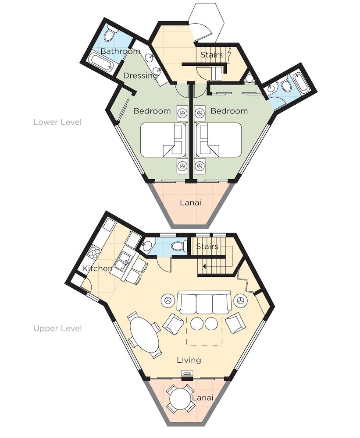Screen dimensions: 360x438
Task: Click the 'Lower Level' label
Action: click(x=57, y=122)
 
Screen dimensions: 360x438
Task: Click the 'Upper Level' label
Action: click(x=57, y=328)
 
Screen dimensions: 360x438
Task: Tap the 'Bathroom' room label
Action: click(x=120, y=51)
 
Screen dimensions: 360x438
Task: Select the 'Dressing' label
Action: click(x=140, y=76)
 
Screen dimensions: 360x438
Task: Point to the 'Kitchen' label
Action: click(x=97, y=268)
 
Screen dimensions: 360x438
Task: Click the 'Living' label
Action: click(x=189, y=360)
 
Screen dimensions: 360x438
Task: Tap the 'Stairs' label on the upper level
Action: click(x=207, y=246)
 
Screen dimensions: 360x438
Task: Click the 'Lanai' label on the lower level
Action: click(x=190, y=202)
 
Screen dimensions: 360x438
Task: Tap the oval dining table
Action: click(x=144, y=335)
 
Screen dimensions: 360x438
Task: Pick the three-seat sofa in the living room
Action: click(x=204, y=303)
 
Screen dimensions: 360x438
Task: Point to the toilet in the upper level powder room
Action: click(x=178, y=246)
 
